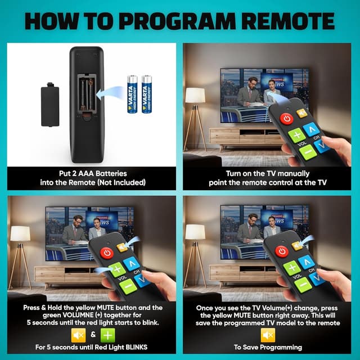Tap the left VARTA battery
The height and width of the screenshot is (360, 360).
pyautogui.click(x=133, y=94)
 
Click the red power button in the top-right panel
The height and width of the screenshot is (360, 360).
pyautogui.click(x=287, y=119)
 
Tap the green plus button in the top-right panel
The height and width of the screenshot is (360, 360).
pyautogui.click(x=296, y=136)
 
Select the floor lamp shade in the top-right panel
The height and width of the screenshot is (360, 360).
pyautogui.click(x=195, y=95)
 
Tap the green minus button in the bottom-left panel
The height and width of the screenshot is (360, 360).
pyautogui.click(x=127, y=285)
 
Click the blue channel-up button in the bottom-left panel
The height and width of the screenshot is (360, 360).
pyautogui.click(x=132, y=262)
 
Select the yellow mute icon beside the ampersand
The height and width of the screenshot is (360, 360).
pyautogui.click(x=78, y=335)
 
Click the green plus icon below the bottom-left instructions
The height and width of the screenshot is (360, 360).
pyautogui.click(x=108, y=335)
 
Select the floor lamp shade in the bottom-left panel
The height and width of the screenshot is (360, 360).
pyautogui.click(x=20, y=233)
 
